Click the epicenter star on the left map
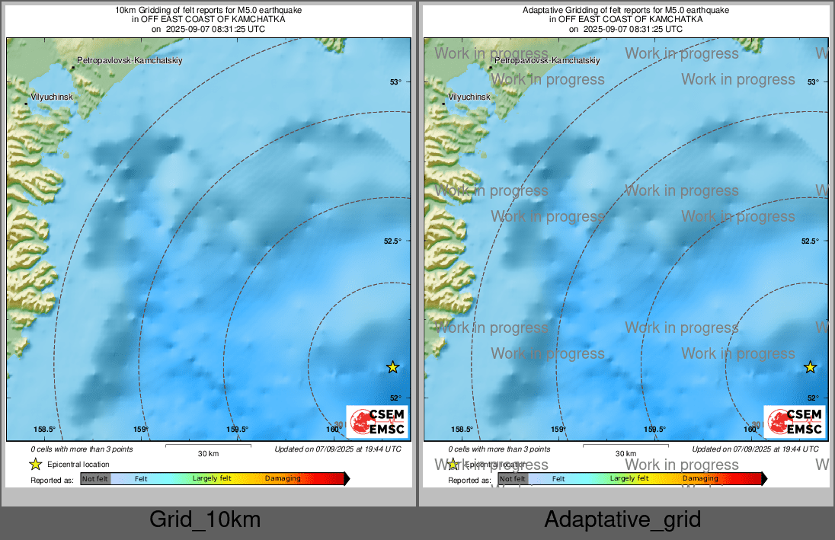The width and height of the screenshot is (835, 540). [x=392, y=367]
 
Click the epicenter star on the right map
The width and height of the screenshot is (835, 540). [x=810, y=367]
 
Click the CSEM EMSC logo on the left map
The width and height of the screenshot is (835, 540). [x=377, y=421]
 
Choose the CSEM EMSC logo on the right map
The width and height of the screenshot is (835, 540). [x=795, y=421]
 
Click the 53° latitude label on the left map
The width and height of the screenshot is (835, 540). [x=395, y=82]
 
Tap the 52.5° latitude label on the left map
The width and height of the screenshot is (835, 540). [x=392, y=241]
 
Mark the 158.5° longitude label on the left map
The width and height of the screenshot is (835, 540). [x=45, y=430]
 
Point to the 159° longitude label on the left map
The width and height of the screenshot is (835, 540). [x=141, y=430]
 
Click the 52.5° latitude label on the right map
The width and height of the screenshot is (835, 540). [x=810, y=241]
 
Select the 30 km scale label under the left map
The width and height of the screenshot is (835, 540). [x=208, y=453]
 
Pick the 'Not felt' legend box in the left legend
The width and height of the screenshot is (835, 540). [x=95, y=479]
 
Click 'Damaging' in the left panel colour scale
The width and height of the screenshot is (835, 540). [x=283, y=479]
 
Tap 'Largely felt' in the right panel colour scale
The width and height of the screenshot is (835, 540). [x=629, y=479]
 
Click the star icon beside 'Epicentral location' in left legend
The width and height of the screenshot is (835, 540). [x=35, y=464]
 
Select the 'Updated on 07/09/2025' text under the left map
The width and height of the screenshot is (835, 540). [x=338, y=449]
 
